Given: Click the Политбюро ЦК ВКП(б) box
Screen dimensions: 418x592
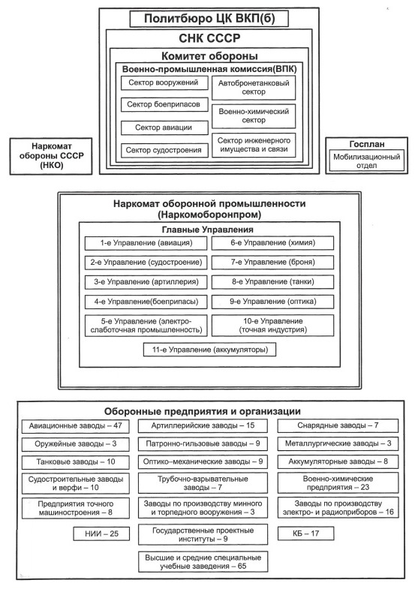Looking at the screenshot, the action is [x=209, y=19].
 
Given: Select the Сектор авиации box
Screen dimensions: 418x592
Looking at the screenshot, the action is [x=164, y=128].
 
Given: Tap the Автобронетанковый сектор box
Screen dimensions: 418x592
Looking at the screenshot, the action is [x=254, y=88].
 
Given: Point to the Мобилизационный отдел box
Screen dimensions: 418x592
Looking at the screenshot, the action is [x=366, y=161].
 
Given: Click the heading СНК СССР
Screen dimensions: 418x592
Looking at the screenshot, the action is [x=209, y=38].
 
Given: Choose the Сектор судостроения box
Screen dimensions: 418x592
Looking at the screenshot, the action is [x=164, y=150].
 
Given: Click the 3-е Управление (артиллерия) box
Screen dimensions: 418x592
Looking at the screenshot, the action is [x=146, y=282].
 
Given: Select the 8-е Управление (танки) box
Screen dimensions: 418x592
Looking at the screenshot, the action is [x=272, y=282].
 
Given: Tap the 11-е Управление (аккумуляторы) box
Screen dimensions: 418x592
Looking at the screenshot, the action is [x=210, y=350].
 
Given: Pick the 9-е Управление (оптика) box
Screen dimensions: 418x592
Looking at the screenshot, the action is [x=272, y=302].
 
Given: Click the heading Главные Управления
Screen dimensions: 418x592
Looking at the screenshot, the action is [x=207, y=230].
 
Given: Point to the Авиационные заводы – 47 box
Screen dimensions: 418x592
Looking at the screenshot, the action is [x=76, y=426].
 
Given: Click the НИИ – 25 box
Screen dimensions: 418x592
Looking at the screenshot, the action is [x=101, y=533].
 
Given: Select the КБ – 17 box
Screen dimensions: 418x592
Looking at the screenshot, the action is [x=306, y=533].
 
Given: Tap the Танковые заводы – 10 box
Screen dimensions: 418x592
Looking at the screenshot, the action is [x=76, y=462].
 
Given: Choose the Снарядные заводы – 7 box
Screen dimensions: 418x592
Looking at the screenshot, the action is [x=338, y=425].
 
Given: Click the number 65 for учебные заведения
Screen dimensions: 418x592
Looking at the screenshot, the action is [x=242, y=566].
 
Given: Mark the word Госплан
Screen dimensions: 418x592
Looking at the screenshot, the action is [x=367, y=144].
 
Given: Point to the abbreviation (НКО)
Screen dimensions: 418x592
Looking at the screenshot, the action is [x=51, y=165].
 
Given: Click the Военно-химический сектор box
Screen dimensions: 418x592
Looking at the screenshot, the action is [x=254, y=116].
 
